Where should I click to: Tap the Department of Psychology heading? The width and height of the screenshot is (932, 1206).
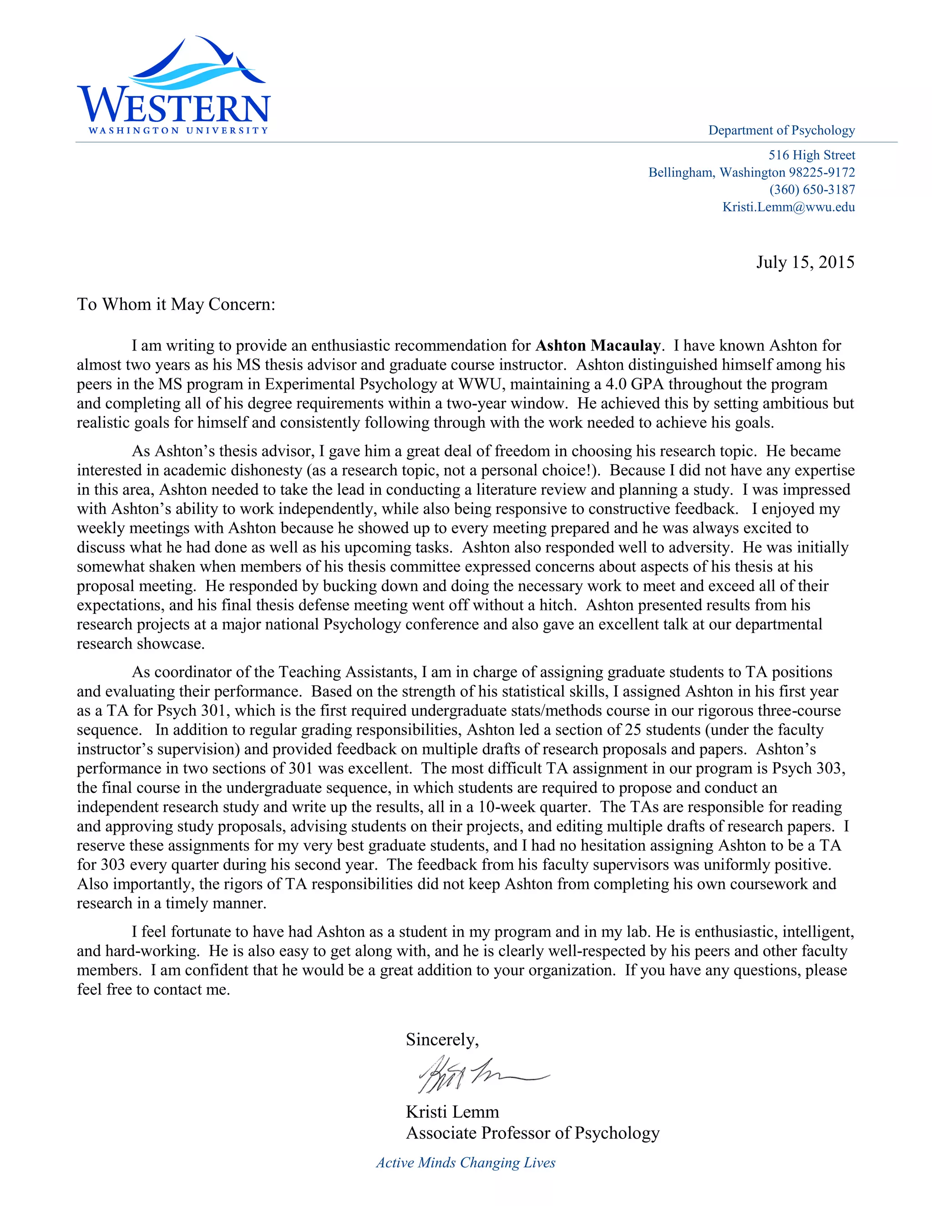pyautogui.click(x=781, y=130)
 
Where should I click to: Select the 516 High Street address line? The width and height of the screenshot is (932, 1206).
pyautogui.click(x=811, y=155)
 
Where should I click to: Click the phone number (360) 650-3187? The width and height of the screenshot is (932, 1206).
pyautogui.click(x=812, y=189)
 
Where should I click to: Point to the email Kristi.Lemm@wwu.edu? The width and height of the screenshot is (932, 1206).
pyautogui.click(x=789, y=207)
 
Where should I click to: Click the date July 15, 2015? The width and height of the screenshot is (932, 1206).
pyautogui.click(x=805, y=262)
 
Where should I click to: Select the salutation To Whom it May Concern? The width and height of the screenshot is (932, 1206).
pyautogui.click(x=176, y=304)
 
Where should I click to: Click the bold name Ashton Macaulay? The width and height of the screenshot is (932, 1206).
pyautogui.click(x=598, y=346)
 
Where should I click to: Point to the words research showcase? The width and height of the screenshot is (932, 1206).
pyautogui.click(x=140, y=644)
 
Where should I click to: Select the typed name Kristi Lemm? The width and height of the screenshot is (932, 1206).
pyautogui.click(x=452, y=1112)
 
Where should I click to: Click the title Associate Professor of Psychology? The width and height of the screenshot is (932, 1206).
pyautogui.click(x=532, y=1133)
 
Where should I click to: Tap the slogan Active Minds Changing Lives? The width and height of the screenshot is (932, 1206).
pyautogui.click(x=466, y=1162)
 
